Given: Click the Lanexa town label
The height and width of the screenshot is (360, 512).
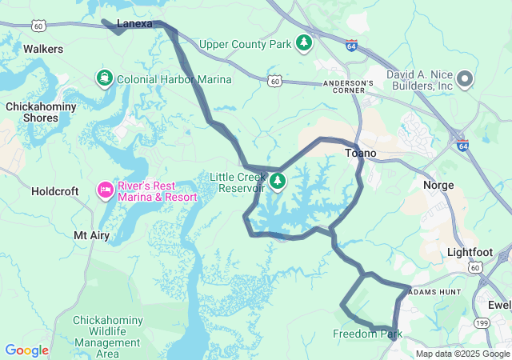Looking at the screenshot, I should [x=134, y=24].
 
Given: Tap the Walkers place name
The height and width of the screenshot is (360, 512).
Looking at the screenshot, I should [x=43, y=49].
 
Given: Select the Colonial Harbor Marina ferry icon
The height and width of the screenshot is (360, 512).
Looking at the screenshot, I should [x=104, y=78].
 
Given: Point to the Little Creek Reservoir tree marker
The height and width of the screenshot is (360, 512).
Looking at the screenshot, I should [x=278, y=182].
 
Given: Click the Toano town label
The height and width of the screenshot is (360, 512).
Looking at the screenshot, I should [x=360, y=153].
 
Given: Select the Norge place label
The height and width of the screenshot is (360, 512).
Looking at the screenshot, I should [x=438, y=185].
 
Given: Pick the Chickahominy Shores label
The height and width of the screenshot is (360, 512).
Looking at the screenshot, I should [x=41, y=112].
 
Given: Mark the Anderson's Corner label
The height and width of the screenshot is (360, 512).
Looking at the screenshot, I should [x=348, y=84].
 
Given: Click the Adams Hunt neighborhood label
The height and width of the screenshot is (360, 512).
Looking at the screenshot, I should [x=434, y=293].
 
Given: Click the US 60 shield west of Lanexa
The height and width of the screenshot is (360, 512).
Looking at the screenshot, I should [x=38, y=26].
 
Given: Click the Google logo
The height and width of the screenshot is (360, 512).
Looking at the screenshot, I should [x=26, y=350].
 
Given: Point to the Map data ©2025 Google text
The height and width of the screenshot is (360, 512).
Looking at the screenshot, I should [x=462, y=354].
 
